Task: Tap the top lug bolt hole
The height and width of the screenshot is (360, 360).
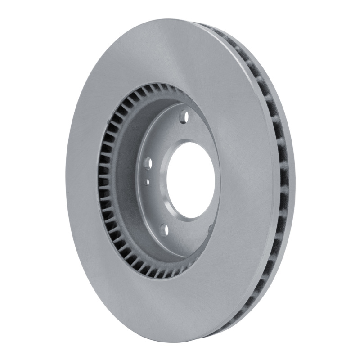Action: [x=183, y=117]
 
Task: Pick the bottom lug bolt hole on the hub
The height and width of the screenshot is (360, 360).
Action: [x=164, y=230]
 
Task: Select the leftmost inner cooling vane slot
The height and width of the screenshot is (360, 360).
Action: [x=102, y=180]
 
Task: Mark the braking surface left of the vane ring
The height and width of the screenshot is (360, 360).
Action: [x=83, y=180]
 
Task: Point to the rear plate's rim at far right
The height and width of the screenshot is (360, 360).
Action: [x=295, y=180]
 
